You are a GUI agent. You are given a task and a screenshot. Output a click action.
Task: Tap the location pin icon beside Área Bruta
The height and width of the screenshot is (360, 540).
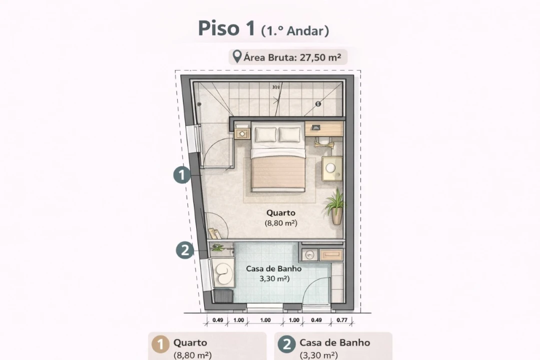[236, 56]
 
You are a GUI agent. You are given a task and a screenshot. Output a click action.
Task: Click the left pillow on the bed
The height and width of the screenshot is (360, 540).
[265, 134]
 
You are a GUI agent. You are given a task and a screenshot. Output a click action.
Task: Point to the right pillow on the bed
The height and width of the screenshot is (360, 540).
[289, 134]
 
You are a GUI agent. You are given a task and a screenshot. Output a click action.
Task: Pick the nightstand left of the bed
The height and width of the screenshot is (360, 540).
[243, 133]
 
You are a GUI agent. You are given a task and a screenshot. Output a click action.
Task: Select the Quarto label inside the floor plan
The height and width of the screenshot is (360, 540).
[281, 212]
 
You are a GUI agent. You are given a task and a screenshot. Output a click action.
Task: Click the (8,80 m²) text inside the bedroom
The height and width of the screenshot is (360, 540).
[281, 223]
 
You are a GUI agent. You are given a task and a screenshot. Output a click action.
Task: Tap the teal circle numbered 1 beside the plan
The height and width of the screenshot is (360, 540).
[182, 175]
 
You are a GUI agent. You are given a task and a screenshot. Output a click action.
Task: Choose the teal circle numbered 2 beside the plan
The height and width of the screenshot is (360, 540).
[185, 250]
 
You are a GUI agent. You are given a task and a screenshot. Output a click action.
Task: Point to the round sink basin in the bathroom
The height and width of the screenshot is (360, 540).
[310, 254]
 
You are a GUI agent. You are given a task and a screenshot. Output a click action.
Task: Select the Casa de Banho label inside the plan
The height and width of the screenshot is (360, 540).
[273, 268]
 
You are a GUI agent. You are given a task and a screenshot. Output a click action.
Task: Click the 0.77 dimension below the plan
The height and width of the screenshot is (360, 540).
[342, 320]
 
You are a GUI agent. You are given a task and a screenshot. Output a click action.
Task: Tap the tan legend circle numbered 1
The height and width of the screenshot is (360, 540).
[161, 345]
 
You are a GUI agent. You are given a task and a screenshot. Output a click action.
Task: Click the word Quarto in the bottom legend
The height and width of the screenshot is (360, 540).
[190, 343]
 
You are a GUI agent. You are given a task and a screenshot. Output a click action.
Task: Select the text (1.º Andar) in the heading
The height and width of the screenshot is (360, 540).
[295, 31]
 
